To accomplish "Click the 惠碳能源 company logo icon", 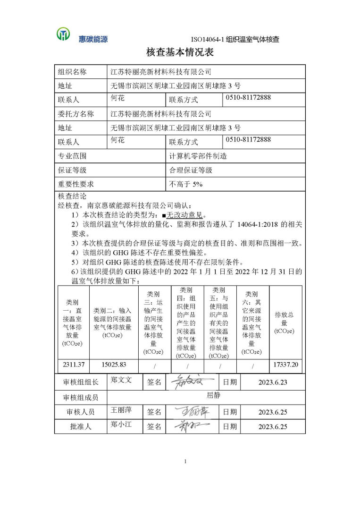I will point(63,34).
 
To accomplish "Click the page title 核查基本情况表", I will point(180,52).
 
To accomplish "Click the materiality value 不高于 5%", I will point(186,184).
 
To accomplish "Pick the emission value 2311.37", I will point(74,365).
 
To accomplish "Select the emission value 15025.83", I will point(114,365).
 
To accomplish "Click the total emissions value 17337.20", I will point(285,365).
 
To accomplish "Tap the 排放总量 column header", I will point(285,323).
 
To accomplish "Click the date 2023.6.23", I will point(272,382).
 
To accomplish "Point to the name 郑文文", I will point(121,380).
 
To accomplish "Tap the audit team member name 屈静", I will point(213,396).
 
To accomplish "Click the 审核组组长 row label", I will point(81,382).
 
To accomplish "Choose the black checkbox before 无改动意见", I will point(164,214).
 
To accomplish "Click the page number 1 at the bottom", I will point(185,461).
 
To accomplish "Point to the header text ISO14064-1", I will point(208,39).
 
